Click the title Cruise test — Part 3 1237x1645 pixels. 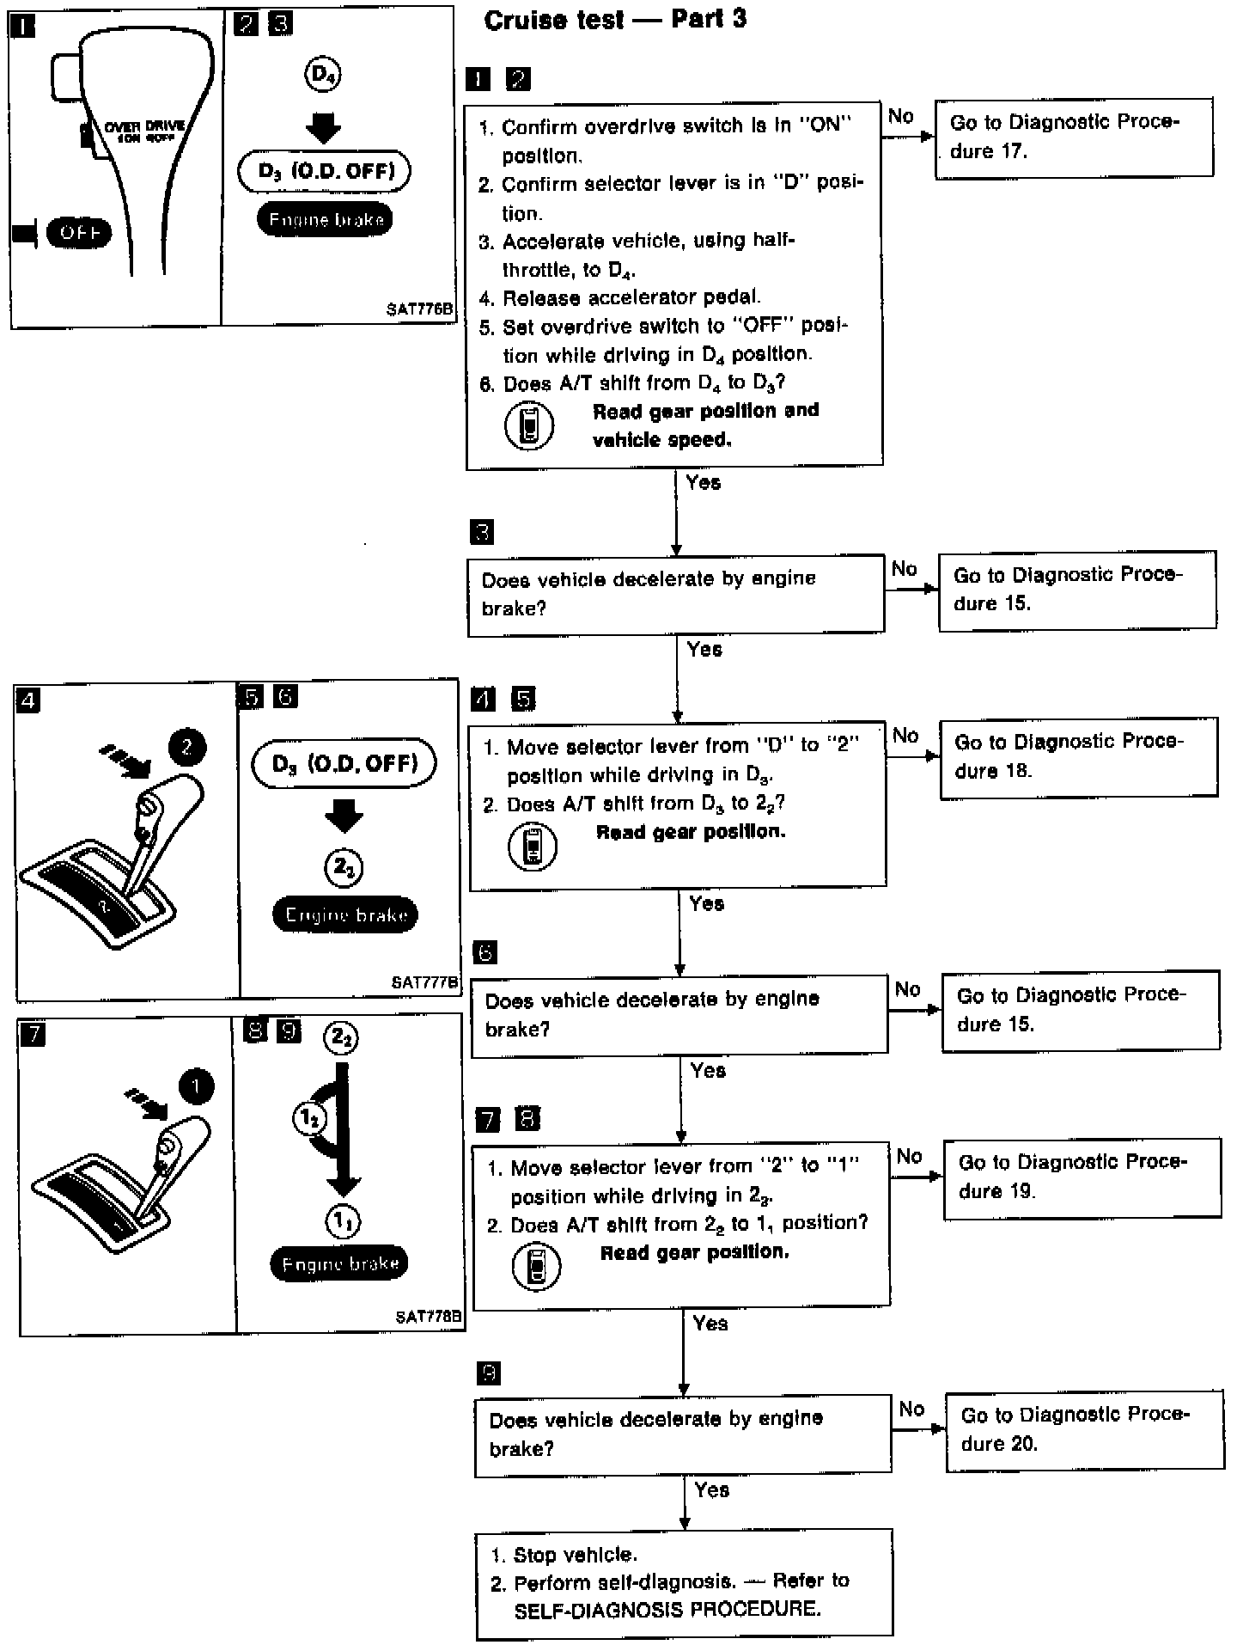(x=615, y=20)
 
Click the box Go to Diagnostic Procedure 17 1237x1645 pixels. (x=1073, y=138)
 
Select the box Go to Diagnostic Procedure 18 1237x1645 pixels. (x=1078, y=757)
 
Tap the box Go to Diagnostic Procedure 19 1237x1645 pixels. (x=1082, y=1177)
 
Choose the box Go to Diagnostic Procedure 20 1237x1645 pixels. (x=1084, y=1430)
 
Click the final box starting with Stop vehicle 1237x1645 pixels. (x=684, y=1583)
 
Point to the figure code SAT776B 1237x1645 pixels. (x=418, y=309)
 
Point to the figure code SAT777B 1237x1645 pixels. (x=424, y=982)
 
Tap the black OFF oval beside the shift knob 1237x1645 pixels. (x=79, y=233)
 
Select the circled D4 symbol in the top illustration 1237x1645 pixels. (x=323, y=76)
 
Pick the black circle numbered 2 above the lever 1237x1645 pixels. (x=187, y=747)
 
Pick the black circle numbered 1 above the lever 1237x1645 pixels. (x=197, y=1087)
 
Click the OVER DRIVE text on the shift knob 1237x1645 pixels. (x=145, y=126)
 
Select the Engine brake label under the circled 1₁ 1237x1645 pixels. (x=339, y=1263)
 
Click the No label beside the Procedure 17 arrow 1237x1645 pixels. (x=901, y=116)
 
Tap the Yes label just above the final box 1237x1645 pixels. (x=711, y=1490)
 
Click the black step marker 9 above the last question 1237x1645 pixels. (x=488, y=1373)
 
